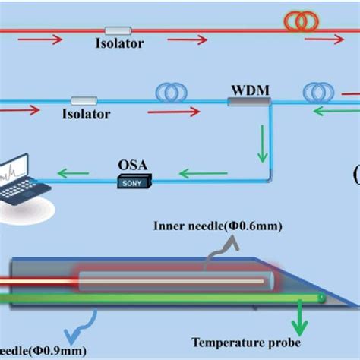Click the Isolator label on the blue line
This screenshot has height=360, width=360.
click(85, 115)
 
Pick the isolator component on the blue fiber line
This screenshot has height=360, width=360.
click(84, 100)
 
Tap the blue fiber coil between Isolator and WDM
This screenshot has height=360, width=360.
click(171, 92)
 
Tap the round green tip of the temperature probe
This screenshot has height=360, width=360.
click(323, 298)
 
